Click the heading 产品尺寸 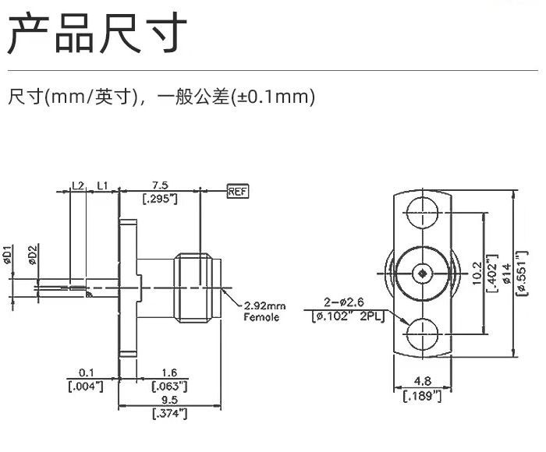pyautogui.click(x=97, y=34)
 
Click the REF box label pyautogui.click(x=236, y=190)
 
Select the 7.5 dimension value pyautogui.click(x=160, y=185)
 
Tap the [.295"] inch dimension pyautogui.click(x=160, y=199)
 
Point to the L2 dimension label pyautogui.click(x=77, y=185)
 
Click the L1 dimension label pyautogui.click(x=102, y=185)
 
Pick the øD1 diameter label pyautogui.click(x=7, y=255)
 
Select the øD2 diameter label pyautogui.click(x=33, y=255)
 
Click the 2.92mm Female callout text pyautogui.click(x=265, y=312)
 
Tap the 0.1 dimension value pyautogui.click(x=87, y=373)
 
